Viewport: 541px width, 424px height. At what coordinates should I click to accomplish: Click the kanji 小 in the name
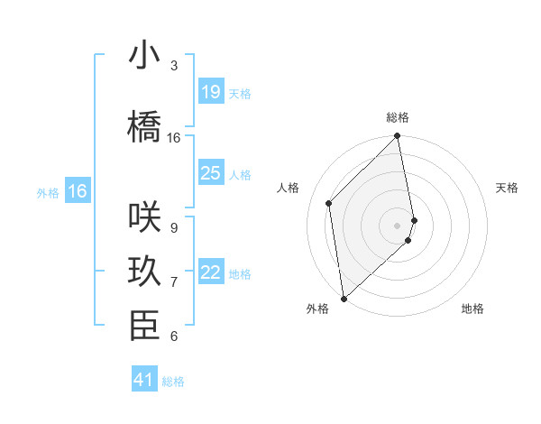(x=144, y=56)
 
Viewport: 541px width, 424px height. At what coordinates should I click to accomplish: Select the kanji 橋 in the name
(x=144, y=127)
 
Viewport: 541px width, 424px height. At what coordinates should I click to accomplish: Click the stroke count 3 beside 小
(x=174, y=66)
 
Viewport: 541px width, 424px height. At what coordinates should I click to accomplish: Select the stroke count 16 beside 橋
(x=174, y=138)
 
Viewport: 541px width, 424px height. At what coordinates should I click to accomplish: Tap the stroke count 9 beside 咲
(x=174, y=228)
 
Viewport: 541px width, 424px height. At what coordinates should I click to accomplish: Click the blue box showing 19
(x=210, y=91)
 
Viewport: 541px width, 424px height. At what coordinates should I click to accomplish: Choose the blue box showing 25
(x=210, y=173)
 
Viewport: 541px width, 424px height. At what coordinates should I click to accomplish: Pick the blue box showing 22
(x=210, y=272)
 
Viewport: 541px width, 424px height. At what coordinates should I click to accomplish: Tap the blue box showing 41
(x=144, y=380)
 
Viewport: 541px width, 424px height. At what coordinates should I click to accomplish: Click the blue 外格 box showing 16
(x=78, y=191)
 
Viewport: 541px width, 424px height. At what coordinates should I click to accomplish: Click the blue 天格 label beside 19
(x=240, y=93)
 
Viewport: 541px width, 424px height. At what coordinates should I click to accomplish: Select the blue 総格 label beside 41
(x=173, y=382)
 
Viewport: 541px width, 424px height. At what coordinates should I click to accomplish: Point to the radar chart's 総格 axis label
(x=398, y=117)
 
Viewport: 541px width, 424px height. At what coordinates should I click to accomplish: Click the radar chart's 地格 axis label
(x=472, y=309)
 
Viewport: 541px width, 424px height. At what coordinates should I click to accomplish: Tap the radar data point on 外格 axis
(x=344, y=298)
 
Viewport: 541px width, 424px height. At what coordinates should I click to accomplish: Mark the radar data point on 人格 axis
(x=329, y=203)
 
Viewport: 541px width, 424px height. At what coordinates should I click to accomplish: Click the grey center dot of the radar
(x=398, y=225)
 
